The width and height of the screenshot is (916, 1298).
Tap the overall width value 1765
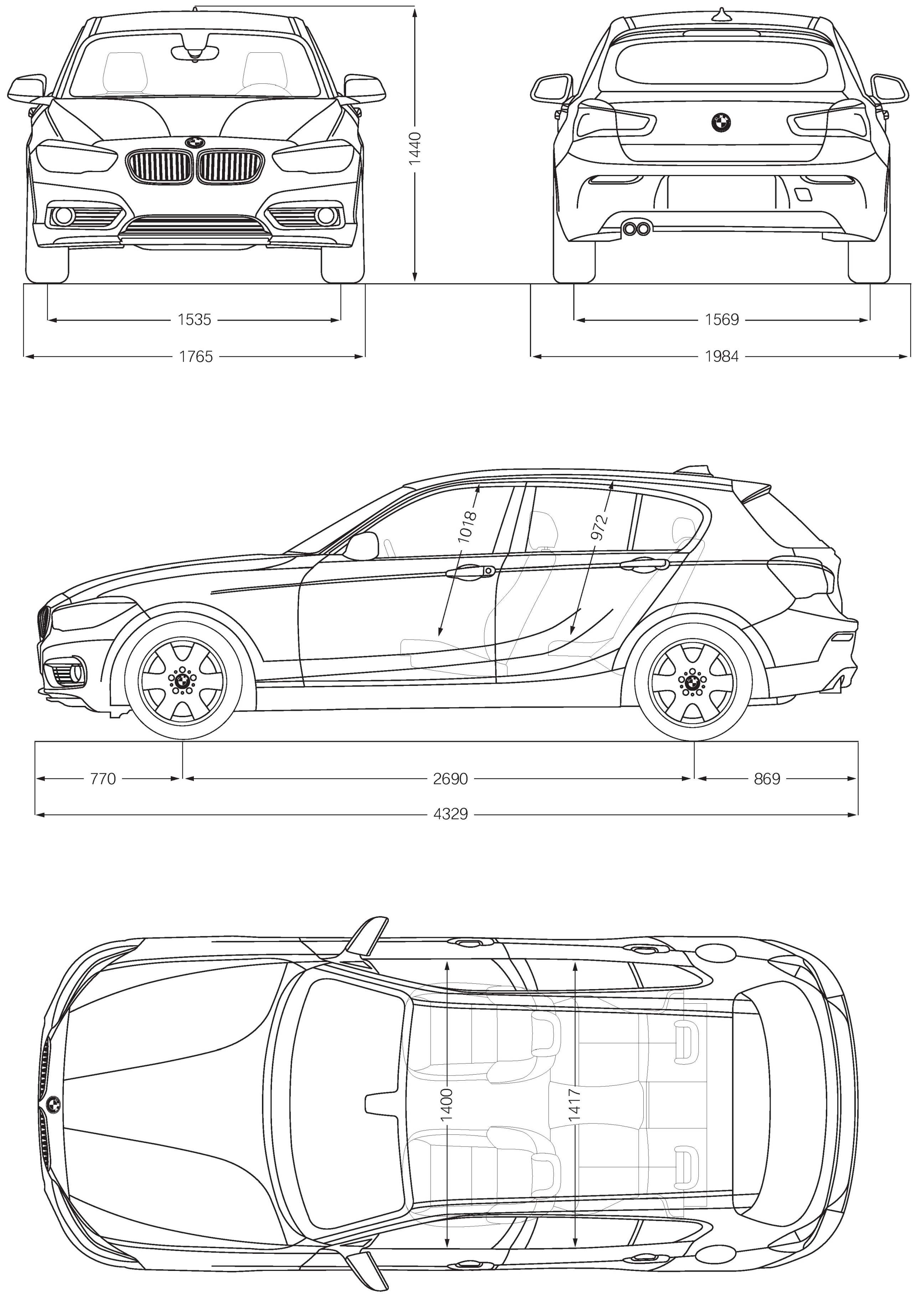pyautogui.click(x=196, y=357)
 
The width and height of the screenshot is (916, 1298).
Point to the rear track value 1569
pyautogui.click(x=721, y=320)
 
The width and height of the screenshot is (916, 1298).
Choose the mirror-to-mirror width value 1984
pyautogui.click(x=721, y=357)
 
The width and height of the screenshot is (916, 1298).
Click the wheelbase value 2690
pyautogui.click(x=450, y=779)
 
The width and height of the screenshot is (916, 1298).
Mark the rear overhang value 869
pyautogui.click(x=767, y=779)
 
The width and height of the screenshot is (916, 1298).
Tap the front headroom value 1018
pyautogui.click(x=469, y=527)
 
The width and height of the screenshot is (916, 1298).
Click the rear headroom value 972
pyautogui.click(x=601, y=527)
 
